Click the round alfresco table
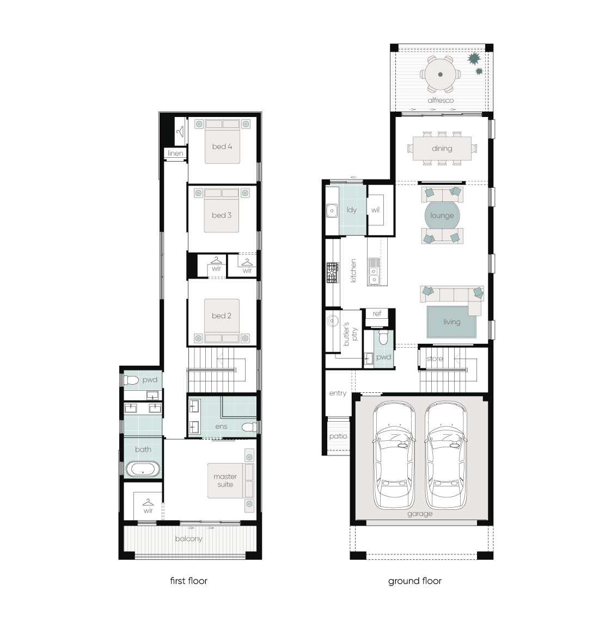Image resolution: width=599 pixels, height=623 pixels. [441, 75]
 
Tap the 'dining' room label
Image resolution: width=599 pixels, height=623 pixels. [442, 148]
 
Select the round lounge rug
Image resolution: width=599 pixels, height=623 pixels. [442, 215]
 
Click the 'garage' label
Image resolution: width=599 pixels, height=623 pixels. [420, 514]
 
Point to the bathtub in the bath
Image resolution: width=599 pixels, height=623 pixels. [143, 469]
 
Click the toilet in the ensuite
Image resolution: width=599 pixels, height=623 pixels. [249, 427]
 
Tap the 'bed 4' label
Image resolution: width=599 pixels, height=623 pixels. [222, 146]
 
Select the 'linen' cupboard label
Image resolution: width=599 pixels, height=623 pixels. [175, 153]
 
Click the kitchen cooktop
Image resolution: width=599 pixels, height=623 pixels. [333, 273]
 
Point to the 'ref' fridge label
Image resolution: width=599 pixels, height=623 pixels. [377, 313]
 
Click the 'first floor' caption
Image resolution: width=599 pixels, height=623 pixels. [188, 581]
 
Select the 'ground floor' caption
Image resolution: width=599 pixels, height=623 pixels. [415, 581]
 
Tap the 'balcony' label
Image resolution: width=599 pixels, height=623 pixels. [188, 539]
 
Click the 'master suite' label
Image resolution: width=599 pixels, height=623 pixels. [225, 480]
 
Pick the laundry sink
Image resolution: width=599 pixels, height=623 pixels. [332, 210]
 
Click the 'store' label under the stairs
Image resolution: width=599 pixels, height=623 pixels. [435, 359]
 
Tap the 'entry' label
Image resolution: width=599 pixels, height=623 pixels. [338, 393]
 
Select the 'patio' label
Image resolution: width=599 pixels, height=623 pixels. [338, 436]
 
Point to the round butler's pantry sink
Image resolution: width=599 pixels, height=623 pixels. [333, 320]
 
